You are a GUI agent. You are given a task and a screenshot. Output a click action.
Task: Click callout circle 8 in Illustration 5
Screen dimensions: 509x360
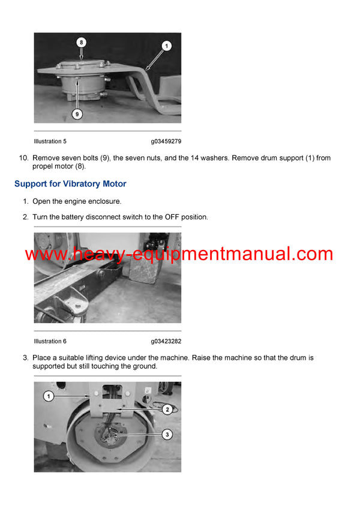pos(82,43)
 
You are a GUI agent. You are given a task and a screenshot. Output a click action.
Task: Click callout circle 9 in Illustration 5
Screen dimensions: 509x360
pos(77,113)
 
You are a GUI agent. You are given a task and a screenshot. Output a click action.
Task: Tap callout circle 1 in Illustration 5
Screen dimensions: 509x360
pos(166,45)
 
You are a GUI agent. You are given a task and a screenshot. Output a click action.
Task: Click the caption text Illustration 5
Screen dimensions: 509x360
pos(50,141)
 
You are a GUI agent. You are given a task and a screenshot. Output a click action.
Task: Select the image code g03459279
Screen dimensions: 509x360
pos(166,141)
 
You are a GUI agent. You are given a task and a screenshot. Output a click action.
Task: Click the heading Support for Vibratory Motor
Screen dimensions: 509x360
pos(70,183)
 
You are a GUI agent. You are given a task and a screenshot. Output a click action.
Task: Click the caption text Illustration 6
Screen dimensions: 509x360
pos(50,341)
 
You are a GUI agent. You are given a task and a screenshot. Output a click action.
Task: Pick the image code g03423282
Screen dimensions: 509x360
pos(166,341)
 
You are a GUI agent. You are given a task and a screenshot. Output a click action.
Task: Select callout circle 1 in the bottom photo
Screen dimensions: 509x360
pos(49,396)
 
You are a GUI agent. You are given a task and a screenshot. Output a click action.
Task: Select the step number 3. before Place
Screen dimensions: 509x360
pos(26,358)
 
